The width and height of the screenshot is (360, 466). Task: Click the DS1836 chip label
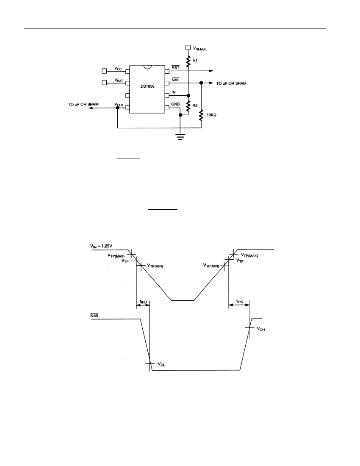(147, 86)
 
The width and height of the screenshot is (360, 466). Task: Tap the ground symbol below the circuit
(180, 136)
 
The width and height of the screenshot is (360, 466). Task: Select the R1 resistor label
(195, 60)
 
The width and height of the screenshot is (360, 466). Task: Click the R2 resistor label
(195, 105)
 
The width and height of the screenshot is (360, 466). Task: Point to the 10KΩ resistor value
(211, 115)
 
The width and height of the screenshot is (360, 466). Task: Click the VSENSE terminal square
(188, 47)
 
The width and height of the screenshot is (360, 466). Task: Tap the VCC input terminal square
(104, 71)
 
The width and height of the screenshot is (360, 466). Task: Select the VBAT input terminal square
(104, 82)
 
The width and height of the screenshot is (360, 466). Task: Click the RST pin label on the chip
(175, 68)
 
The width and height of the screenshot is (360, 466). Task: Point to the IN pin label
(174, 92)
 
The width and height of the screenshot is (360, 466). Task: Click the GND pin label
(175, 104)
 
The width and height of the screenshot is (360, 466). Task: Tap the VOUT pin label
(119, 105)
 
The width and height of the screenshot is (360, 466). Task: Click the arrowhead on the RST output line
(211, 71)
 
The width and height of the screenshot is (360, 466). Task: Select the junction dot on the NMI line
(201, 83)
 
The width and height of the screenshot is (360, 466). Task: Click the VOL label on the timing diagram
(161, 364)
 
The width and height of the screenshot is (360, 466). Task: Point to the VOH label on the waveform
(261, 329)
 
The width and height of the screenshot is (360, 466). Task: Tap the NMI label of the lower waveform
(94, 316)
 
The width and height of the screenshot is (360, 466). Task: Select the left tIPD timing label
(144, 302)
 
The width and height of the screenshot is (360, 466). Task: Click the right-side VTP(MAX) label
(249, 255)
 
